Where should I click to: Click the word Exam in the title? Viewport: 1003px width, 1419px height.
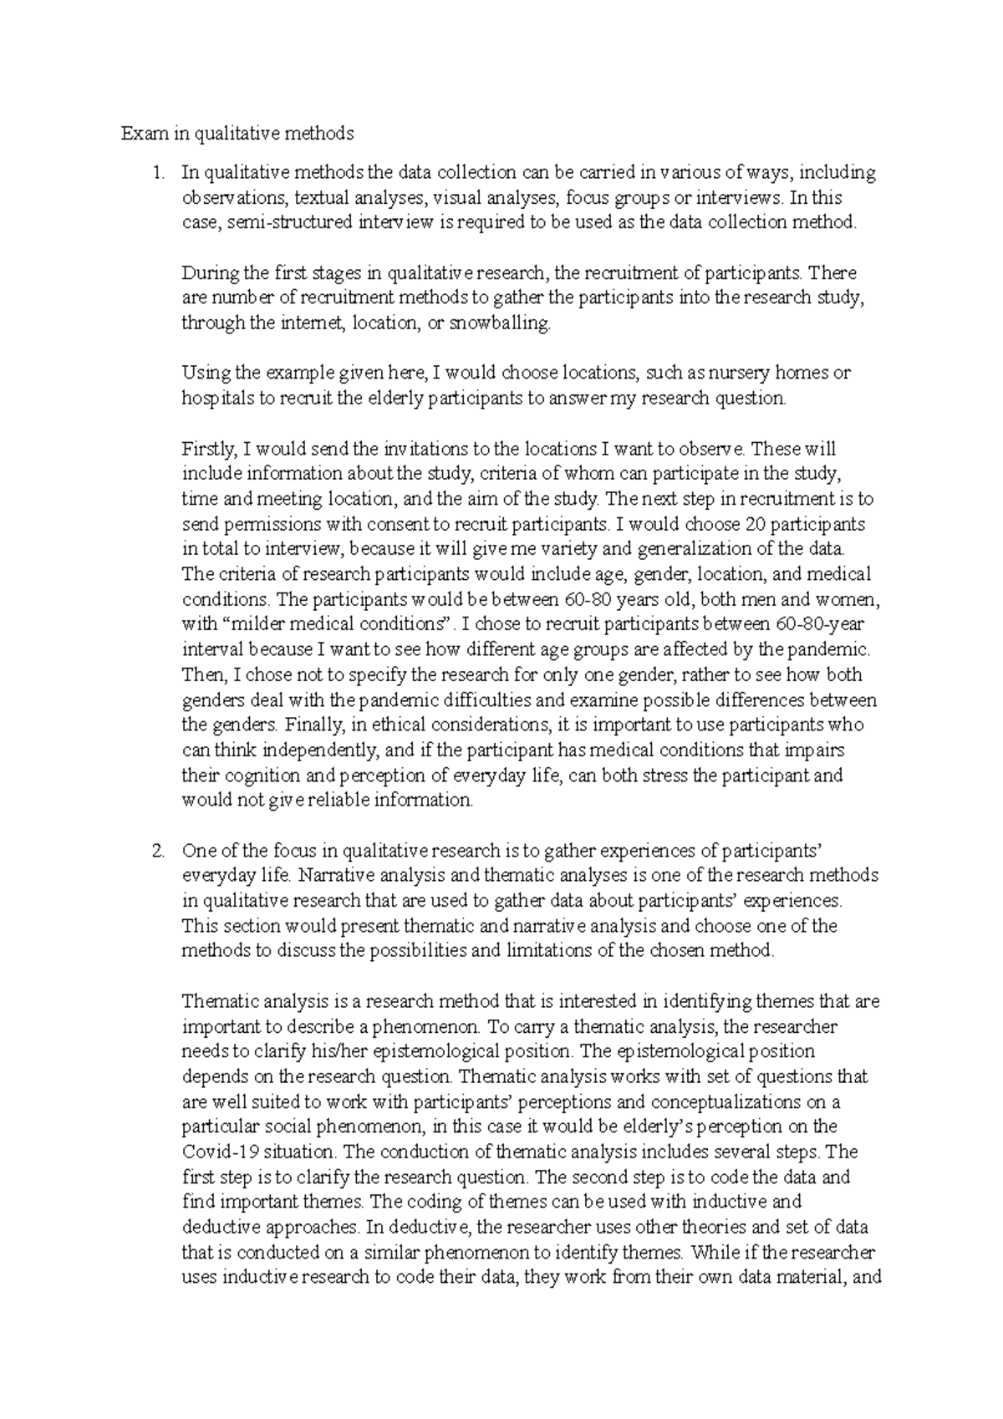[139, 134]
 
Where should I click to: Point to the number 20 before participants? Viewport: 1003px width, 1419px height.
[755, 525]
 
